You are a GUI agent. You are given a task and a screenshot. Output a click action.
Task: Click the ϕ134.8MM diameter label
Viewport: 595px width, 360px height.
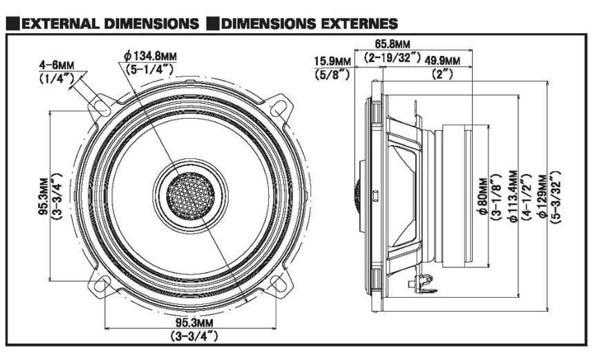[150, 56]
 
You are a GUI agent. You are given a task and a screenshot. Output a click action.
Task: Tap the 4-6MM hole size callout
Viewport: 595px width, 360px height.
[57, 65]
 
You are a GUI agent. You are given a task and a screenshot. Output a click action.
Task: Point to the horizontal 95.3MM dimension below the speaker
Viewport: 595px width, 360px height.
[194, 323]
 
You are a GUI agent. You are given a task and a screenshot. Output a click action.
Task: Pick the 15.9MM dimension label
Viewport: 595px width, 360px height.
[332, 61]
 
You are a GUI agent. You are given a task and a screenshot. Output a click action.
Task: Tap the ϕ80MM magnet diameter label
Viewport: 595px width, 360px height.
[482, 197]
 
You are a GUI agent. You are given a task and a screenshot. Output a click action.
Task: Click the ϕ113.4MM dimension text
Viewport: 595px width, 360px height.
[512, 196]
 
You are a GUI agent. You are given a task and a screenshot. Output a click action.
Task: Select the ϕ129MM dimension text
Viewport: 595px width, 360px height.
[542, 196]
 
